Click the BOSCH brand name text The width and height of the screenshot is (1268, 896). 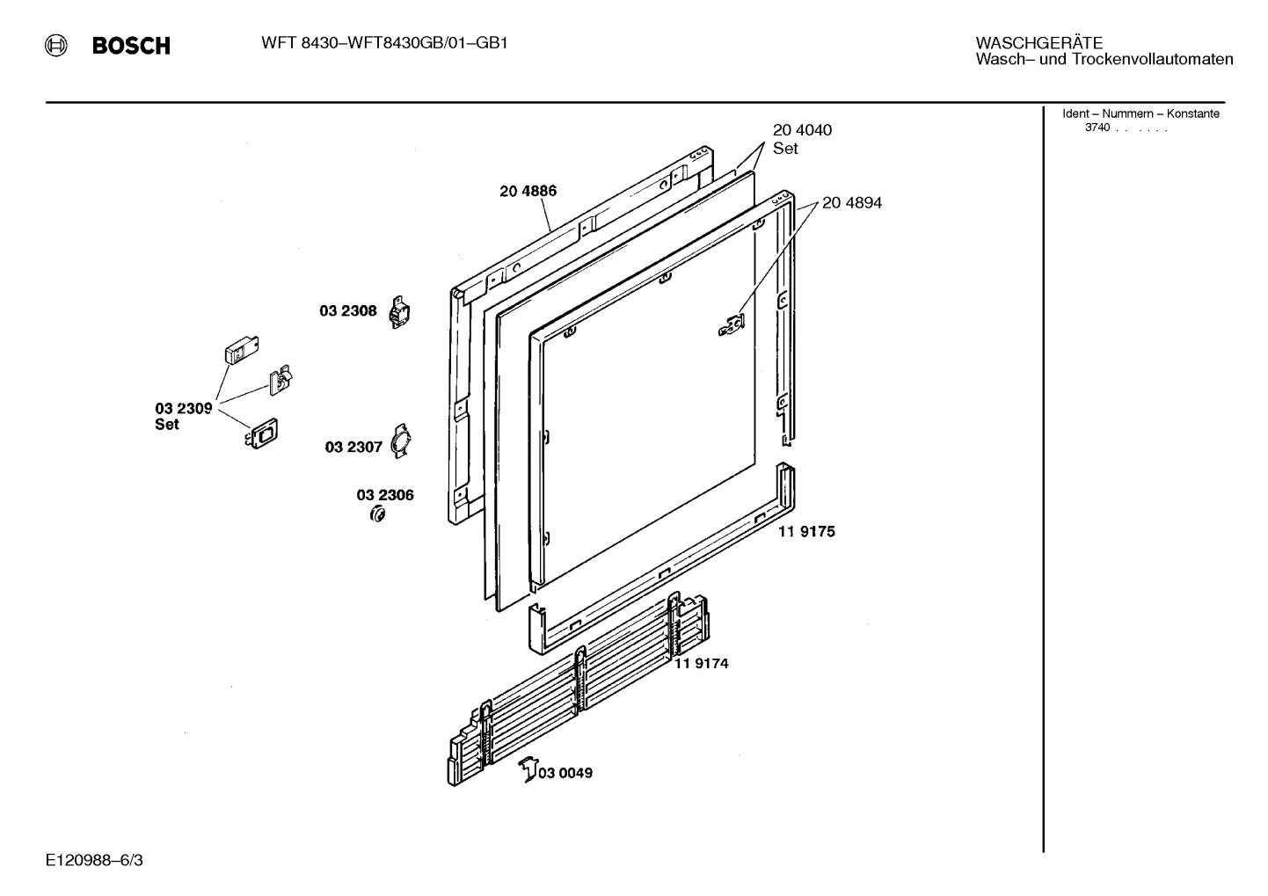point(131,47)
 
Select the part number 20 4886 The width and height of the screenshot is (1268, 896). point(528,192)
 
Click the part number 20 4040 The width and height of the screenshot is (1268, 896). point(802,130)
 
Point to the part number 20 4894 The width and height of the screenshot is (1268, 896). point(851,203)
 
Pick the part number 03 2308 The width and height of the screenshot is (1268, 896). point(347,310)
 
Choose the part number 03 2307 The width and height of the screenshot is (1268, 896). point(353,447)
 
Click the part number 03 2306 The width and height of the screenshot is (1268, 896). point(385,495)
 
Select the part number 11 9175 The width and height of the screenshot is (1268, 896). point(806,531)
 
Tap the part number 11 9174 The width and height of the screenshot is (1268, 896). point(701,663)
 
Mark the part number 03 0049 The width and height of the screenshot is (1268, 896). point(565,773)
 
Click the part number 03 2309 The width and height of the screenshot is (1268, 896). point(184,408)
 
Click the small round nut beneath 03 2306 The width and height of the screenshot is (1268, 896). point(378,514)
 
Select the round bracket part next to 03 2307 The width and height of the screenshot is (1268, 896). point(401,440)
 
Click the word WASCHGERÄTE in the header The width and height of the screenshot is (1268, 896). point(1038,43)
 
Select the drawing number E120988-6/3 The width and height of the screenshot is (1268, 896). point(94,859)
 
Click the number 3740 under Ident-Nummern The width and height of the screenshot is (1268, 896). point(1097,127)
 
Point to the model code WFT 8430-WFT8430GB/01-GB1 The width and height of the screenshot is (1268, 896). point(384,43)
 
